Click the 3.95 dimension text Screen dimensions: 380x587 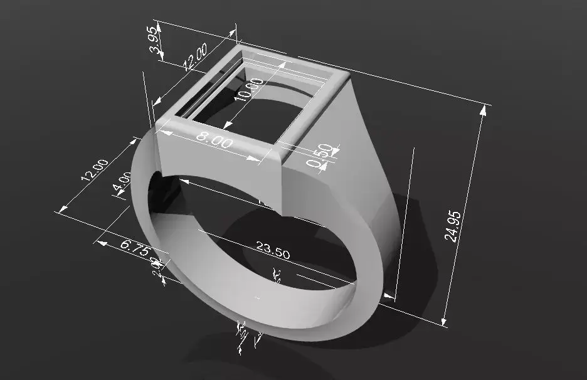pyautogui.click(x=152, y=43)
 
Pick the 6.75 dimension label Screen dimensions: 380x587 pyautogui.click(x=134, y=247)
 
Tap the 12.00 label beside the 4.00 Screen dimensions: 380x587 pyautogui.click(x=95, y=170)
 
